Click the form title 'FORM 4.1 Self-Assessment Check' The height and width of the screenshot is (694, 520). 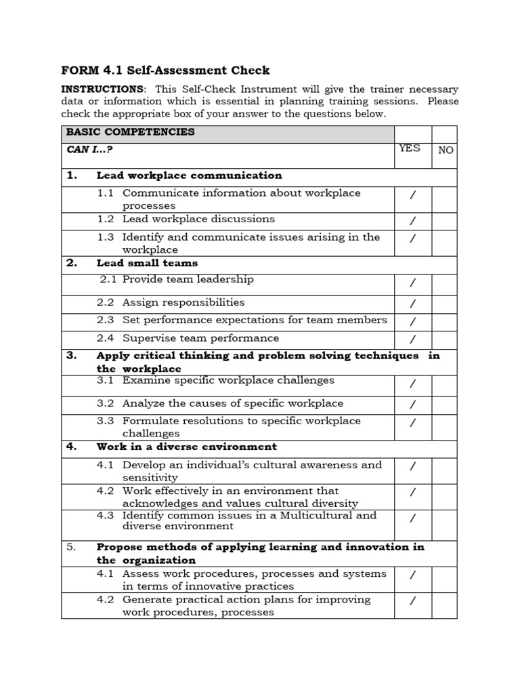pos(165,70)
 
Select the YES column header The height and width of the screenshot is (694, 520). pos(410,148)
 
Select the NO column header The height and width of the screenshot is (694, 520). pos(445,150)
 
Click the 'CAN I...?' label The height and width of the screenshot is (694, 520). pos(89,149)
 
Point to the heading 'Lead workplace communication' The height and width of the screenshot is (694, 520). pos(189,176)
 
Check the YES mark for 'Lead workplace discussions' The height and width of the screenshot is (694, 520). pos(412,221)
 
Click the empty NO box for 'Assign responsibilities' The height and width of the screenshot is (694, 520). pos(444,304)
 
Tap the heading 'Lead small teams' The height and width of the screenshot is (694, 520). pos(147,263)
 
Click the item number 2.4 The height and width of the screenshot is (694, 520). pos(105,338)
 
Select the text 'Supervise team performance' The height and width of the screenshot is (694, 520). pos(200,338)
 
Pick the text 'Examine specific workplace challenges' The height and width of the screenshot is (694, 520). pos(228,381)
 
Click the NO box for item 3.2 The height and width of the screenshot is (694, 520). pos(444,405)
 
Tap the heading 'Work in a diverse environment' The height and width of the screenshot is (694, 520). pos(186,447)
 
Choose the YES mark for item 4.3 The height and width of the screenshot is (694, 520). pos(412,518)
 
